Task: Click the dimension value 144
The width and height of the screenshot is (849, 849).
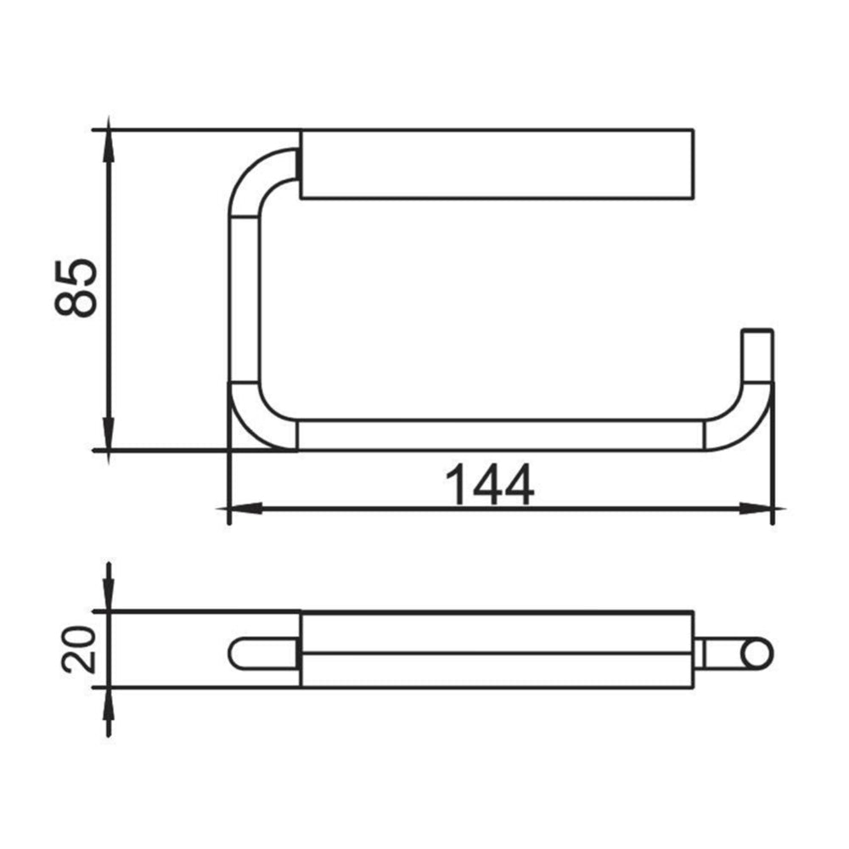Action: pyautogui.click(x=490, y=486)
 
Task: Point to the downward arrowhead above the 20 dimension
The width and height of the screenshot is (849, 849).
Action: pyautogui.click(x=108, y=594)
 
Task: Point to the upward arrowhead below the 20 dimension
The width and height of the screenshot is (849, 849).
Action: pyautogui.click(x=108, y=703)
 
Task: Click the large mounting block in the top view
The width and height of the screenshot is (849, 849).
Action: pyautogui.click(x=498, y=165)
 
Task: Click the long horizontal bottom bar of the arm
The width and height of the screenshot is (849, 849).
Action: pyautogui.click(x=501, y=435)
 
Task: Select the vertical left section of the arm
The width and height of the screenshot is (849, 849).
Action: pyautogui.click(x=243, y=301)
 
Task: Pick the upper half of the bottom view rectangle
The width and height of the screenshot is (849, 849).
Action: pyautogui.click(x=498, y=633)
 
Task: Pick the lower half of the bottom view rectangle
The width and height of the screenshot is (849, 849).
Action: pyautogui.click(x=498, y=670)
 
